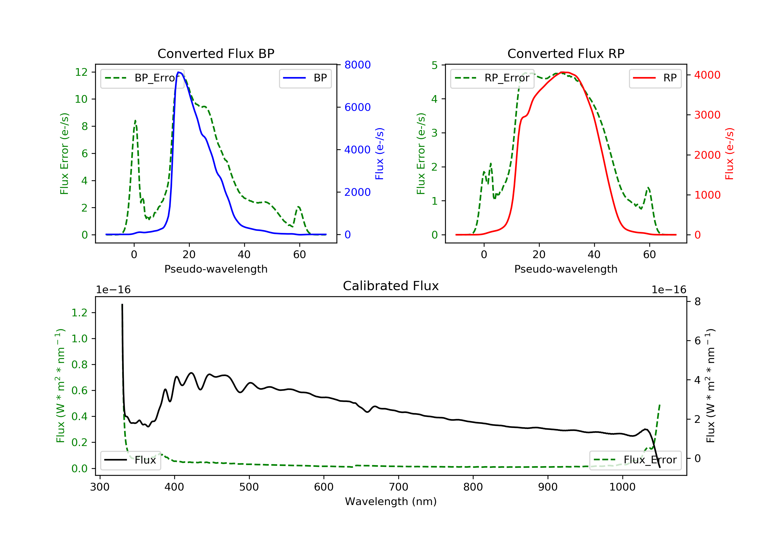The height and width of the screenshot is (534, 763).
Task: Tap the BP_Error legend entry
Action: click(x=142, y=78)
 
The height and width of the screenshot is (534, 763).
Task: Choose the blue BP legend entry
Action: click(x=305, y=78)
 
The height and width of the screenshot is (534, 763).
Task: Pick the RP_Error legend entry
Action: click(x=492, y=78)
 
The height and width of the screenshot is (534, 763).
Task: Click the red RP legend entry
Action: click(x=655, y=78)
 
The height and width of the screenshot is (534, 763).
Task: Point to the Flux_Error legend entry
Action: click(x=635, y=460)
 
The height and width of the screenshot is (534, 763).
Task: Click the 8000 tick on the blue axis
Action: click(x=357, y=65)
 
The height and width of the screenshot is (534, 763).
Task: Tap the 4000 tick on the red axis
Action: click(x=707, y=75)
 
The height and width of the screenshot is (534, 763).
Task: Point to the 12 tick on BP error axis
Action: click(x=81, y=72)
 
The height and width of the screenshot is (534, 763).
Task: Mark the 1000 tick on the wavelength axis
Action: click(x=622, y=487)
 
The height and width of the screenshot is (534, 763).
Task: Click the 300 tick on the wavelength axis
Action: click(x=100, y=487)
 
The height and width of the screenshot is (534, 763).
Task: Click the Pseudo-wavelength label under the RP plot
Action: click(x=566, y=269)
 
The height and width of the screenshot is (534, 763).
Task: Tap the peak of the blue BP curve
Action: click(x=179, y=72)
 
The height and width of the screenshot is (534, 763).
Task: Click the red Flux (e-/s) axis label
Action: click(x=729, y=154)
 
